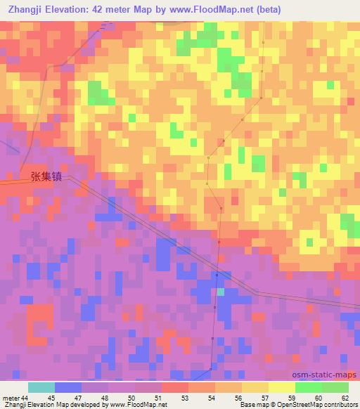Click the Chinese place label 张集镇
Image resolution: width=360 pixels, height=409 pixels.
click(46, 178)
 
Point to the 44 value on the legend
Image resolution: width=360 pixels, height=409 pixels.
click(25, 398)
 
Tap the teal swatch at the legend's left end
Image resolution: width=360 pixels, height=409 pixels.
click(41, 387)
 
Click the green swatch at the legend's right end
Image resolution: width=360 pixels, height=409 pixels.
click(335, 387)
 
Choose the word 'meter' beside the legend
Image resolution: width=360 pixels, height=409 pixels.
click(11, 398)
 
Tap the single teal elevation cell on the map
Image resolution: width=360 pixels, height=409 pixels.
click(221, 291)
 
